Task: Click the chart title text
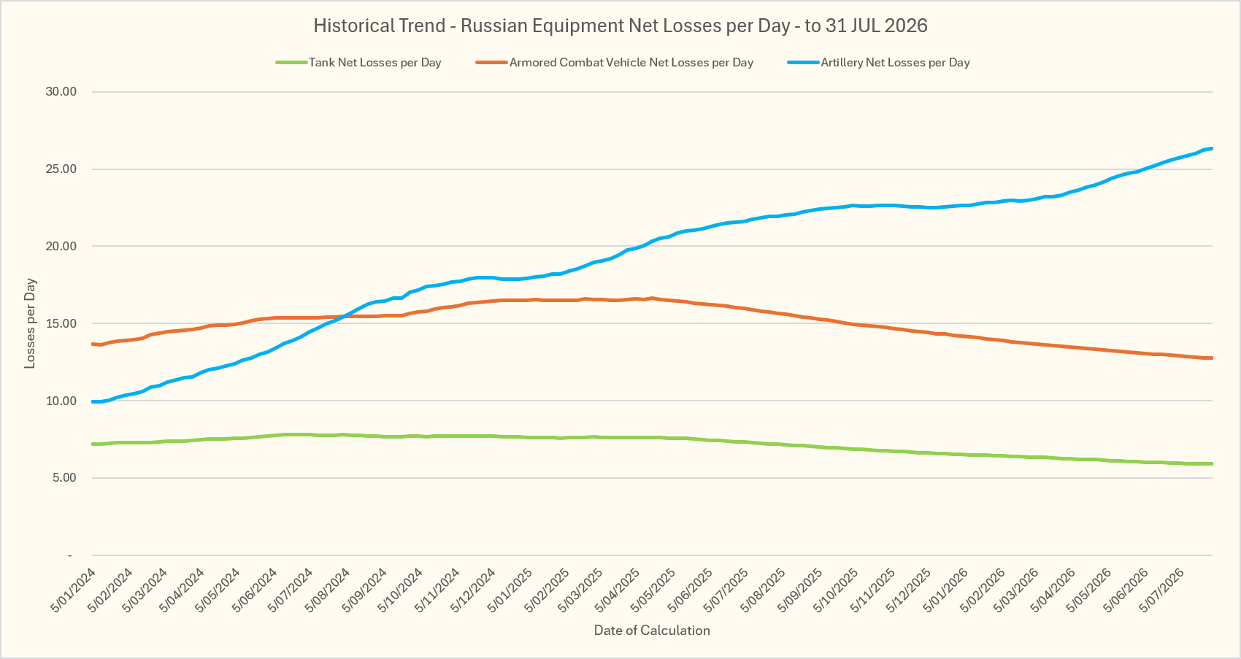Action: pos(620,26)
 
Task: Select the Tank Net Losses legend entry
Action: pos(358,63)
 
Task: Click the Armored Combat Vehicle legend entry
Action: pos(615,63)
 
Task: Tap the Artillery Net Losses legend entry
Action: pos(879,63)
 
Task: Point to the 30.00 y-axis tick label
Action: pos(61,92)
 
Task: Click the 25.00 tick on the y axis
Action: pos(61,169)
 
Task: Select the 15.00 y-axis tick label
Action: pos(61,323)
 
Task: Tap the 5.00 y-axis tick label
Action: pos(64,478)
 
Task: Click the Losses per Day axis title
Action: pos(30,323)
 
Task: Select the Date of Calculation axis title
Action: pos(652,631)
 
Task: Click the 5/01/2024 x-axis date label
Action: pos(74,590)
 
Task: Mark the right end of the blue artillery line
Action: pos(1213,148)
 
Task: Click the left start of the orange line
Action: pos(93,344)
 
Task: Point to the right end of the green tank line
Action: pos(1213,463)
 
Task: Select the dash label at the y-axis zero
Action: pos(70,555)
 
